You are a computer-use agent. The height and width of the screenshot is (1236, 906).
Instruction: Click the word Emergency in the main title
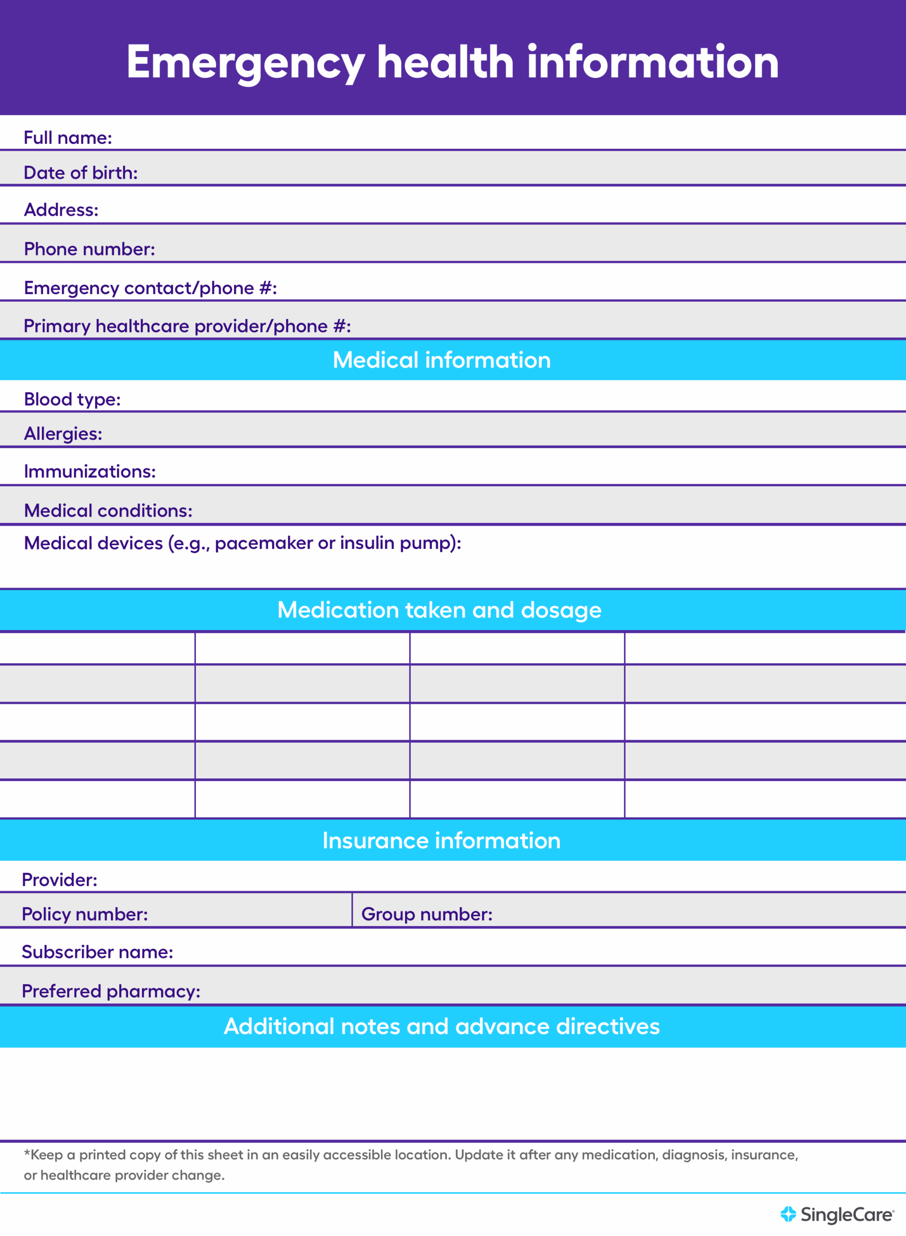pyautogui.click(x=245, y=63)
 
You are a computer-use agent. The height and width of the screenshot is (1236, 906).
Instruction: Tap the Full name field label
pyautogui.click(x=68, y=138)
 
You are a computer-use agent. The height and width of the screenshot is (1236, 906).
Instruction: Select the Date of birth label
pyautogui.click(x=81, y=173)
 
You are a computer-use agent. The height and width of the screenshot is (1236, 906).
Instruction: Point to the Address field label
pyautogui.click(x=61, y=210)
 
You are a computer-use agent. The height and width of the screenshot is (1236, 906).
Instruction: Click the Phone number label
pyautogui.click(x=89, y=249)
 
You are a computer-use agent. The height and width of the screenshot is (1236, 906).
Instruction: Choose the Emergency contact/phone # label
pyautogui.click(x=150, y=288)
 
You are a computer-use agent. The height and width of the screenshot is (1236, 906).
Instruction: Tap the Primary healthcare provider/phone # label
pyautogui.click(x=187, y=326)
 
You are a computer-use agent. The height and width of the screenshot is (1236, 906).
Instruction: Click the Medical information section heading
pyautogui.click(x=442, y=360)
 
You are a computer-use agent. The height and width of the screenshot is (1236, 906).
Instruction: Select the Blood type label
pyautogui.click(x=72, y=399)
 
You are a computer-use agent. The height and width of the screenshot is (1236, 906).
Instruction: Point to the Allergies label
pyautogui.click(x=63, y=434)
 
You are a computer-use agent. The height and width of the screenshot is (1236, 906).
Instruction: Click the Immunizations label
pyautogui.click(x=90, y=472)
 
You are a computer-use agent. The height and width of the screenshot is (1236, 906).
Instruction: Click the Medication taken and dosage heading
pyautogui.click(x=439, y=610)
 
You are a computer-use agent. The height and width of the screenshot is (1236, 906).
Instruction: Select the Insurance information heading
pyautogui.click(x=442, y=841)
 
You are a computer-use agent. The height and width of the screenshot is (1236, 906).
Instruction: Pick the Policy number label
pyautogui.click(x=84, y=914)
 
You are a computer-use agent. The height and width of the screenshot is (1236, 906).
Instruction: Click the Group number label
pyautogui.click(x=427, y=914)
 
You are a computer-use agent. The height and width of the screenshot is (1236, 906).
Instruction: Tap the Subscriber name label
pyautogui.click(x=97, y=952)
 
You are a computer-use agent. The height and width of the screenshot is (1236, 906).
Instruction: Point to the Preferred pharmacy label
pyautogui.click(x=111, y=991)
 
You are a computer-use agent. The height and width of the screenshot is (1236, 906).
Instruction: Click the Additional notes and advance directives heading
pyautogui.click(x=442, y=1026)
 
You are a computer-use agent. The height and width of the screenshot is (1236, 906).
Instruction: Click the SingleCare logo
pyautogui.click(x=837, y=1215)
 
